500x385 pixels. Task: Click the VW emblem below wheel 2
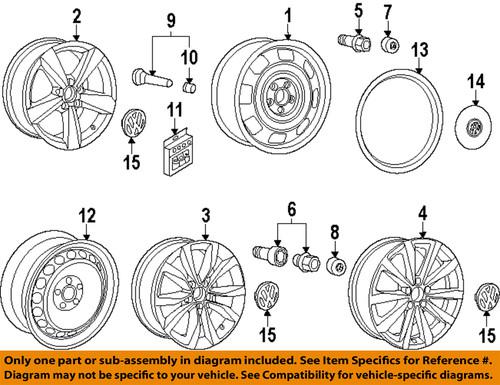[x=129, y=126]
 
